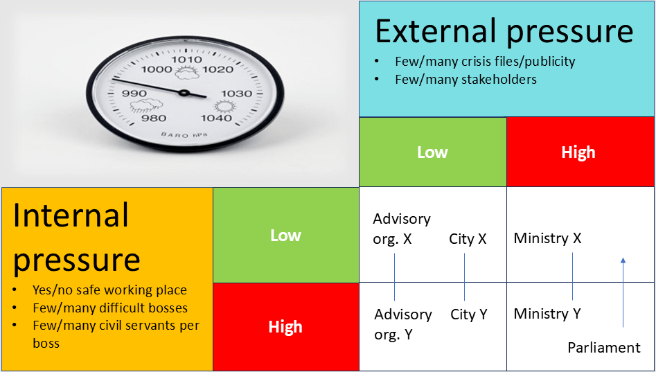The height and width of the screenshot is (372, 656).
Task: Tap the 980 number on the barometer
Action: pyautogui.click(x=154, y=118)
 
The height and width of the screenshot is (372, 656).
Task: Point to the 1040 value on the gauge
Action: pyautogui.click(x=216, y=118)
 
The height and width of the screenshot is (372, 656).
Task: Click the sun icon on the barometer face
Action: pyautogui.click(x=222, y=107)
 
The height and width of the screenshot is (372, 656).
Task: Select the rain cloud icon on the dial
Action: pyautogui.click(x=146, y=105)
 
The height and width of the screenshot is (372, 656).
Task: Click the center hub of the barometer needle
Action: pyautogui.click(x=184, y=92)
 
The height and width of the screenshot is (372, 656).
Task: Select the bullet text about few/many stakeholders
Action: pyautogui.click(x=466, y=79)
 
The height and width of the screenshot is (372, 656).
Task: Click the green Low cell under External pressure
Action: pyautogui.click(x=432, y=152)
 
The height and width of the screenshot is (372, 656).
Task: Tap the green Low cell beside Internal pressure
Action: pyautogui.click(x=286, y=235)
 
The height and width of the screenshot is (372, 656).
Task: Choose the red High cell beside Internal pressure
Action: pyautogui.click(x=286, y=327)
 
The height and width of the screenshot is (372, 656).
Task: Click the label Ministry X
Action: pyautogui.click(x=548, y=238)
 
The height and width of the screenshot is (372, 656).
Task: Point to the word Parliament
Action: pyautogui.click(x=604, y=347)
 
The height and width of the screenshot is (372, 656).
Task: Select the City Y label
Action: pyautogui.click(x=469, y=315)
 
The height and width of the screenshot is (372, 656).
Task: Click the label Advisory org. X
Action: pyautogui.click(x=402, y=229)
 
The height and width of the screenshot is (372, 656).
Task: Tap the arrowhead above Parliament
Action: pyautogui.click(x=623, y=260)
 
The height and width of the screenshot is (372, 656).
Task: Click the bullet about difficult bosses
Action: pyautogui.click(x=110, y=308)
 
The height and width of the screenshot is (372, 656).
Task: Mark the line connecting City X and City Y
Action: pyautogui.click(x=464, y=277)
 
